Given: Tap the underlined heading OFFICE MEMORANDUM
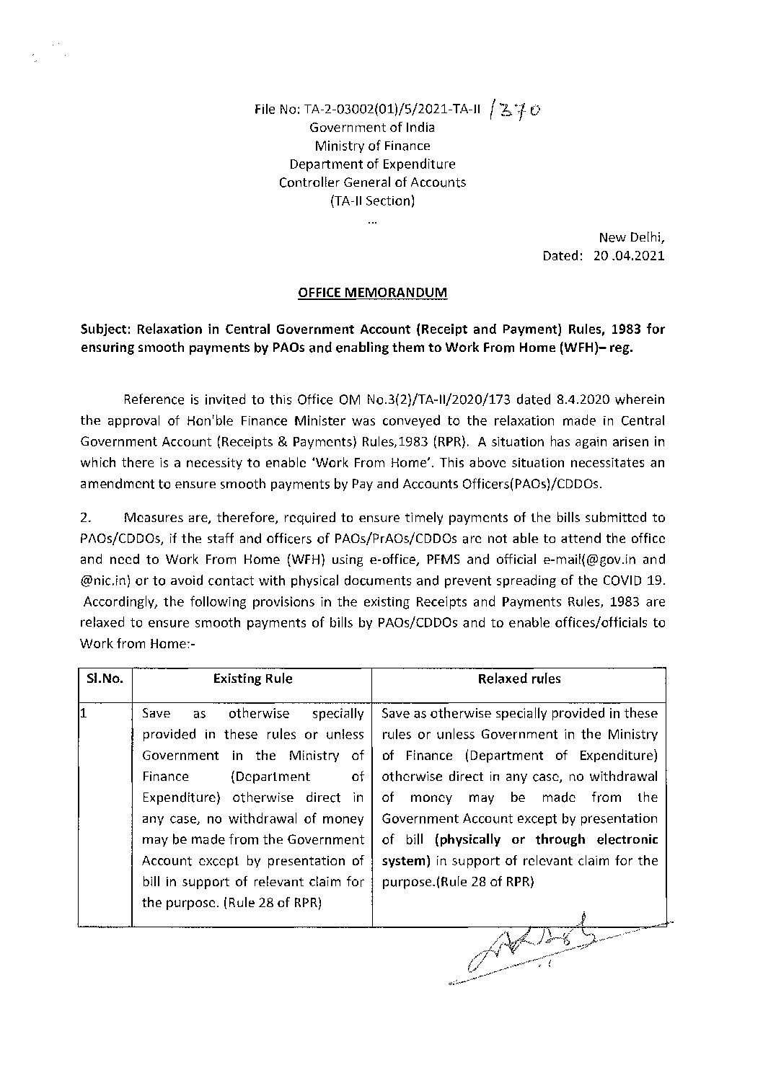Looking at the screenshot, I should [372, 293].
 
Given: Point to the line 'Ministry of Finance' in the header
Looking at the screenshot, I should [372, 146].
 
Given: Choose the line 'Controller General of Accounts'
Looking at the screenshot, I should [372, 182].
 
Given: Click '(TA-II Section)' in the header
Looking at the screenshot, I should [372, 201].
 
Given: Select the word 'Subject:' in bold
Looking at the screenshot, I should [108, 330].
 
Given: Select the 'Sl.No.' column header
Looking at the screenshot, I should [105, 679].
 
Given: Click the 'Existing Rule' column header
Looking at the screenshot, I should [253, 679].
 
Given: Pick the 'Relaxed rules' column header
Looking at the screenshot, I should [519, 679].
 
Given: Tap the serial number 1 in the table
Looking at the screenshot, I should [84, 714].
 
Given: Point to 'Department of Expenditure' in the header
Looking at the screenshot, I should [372, 164].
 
